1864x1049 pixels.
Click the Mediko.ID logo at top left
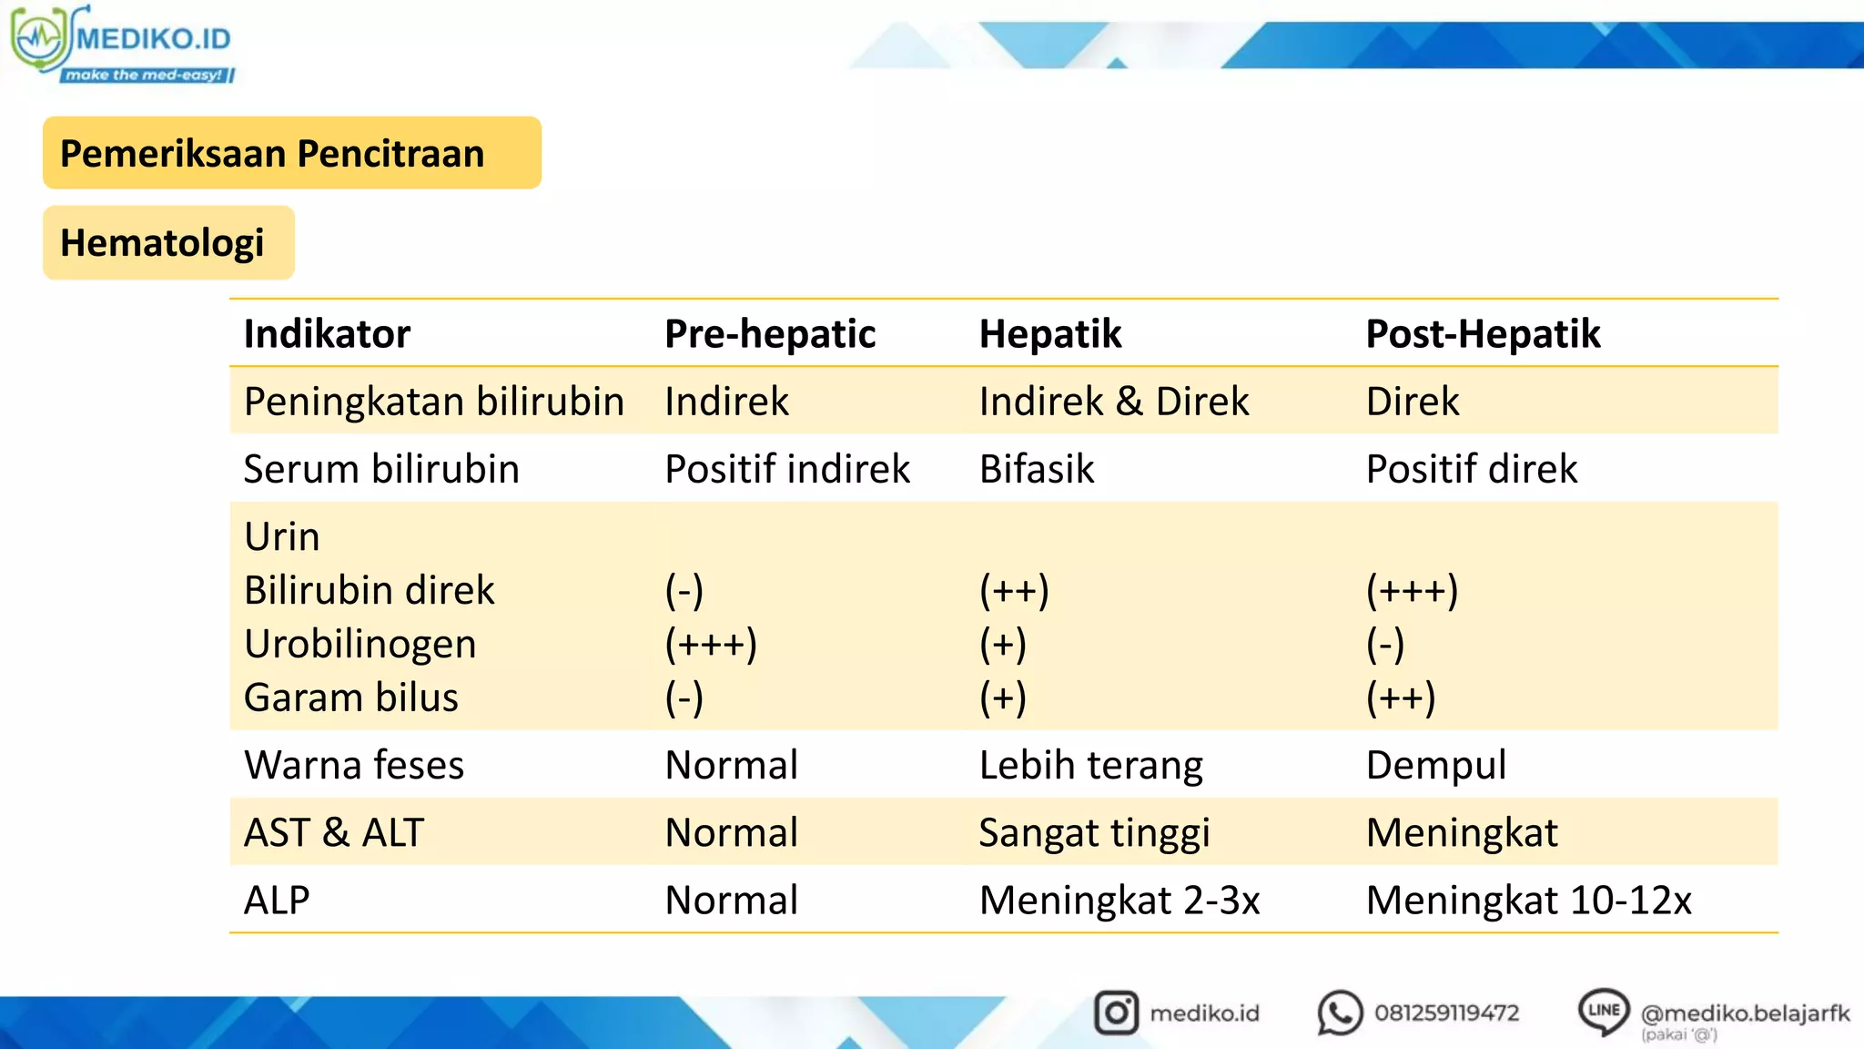point(123,44)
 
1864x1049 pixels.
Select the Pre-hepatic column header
point(770,334)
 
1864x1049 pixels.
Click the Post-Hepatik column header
point(1483,334)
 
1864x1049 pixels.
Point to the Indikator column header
point(327,334)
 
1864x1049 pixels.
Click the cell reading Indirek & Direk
point(1113,402)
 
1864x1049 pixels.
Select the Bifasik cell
point(1037,470)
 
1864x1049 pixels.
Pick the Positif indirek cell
point(787,470)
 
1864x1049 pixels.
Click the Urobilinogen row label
point(360,645)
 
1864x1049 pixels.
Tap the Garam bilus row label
point(351,698)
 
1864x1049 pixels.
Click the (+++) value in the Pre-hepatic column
point(711,645)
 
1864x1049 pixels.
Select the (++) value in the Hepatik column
point(1014,591)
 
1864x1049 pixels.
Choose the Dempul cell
point(1436,766)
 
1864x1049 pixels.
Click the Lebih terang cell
point(1091,766)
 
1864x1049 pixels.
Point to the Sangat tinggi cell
point(1095,833)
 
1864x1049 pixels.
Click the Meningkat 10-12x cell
point(1528,901)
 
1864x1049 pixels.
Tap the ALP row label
point(277,901)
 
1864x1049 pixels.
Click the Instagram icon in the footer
point(1116,1013)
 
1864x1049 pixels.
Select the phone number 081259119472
point(1446,1013)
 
